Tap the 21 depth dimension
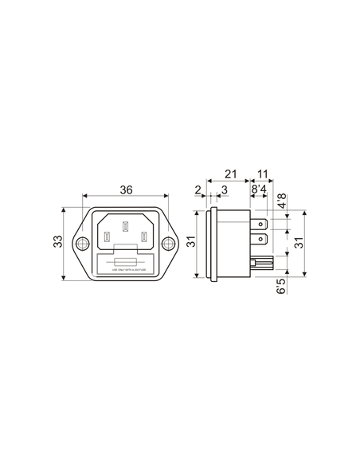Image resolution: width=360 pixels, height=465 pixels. click(230, 174)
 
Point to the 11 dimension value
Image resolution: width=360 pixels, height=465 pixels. click(263, 174)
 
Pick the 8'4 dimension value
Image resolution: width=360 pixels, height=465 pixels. click(259, 191)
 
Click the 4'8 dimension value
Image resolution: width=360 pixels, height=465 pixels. click(280, 201)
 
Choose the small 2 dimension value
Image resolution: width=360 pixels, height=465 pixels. click(198, 190)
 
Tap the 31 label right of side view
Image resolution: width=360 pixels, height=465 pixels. click(299, 244)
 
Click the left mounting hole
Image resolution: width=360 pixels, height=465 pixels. click(81, 244)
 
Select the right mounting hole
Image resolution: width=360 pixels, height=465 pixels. click(169, 244)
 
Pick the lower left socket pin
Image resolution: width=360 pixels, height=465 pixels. click(108, 237)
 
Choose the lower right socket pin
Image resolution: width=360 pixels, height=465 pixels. click(143, 237)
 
